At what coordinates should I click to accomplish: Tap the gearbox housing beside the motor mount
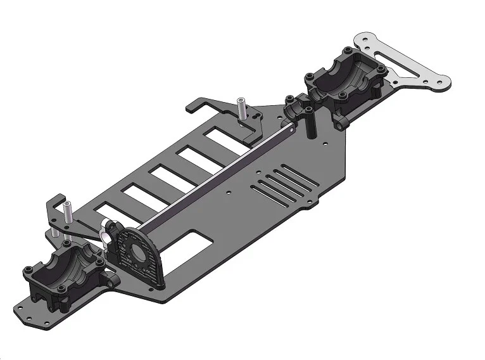[x=60, y=269]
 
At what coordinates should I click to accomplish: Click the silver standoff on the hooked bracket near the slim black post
[x=241, y=110]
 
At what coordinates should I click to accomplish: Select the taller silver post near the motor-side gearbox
[x=65, y=212]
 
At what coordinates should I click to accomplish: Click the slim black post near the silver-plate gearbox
[x=310, y=124]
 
